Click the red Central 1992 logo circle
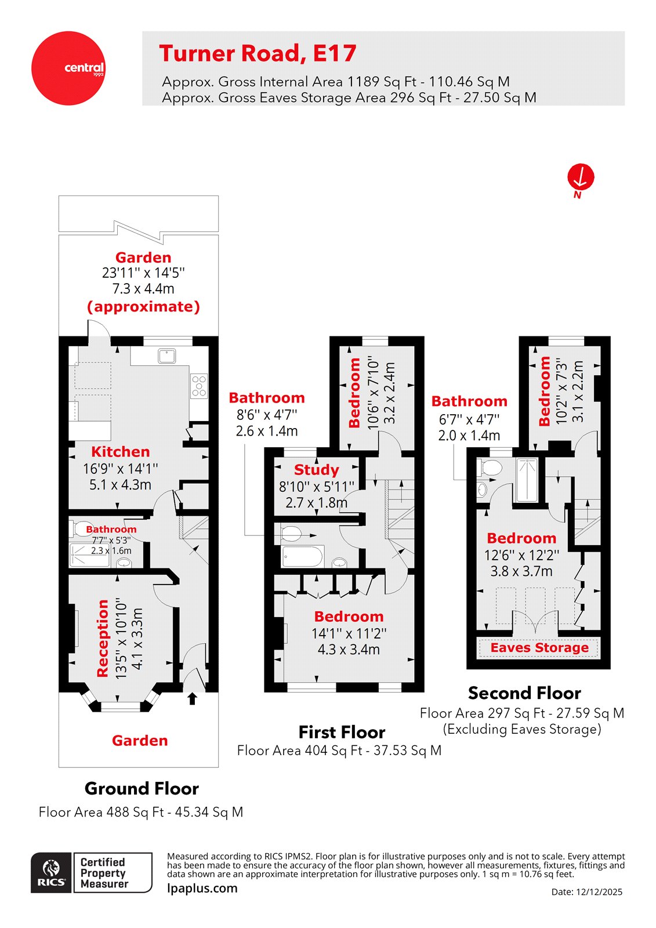[x=68, y=68]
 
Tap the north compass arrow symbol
[x=581, y=177]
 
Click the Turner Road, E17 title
[x=258, y=53]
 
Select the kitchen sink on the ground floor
[x=167, y=356]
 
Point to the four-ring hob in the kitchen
[x=199, y=386]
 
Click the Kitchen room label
[x=120, y=452]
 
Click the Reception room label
[x=103, y=638]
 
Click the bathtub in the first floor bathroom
[x=302, y=557]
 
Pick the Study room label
[x=316, y=470]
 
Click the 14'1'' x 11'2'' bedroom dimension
[x=349, y=633]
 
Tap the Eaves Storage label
[x=539, y=648]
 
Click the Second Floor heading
[x=524, y=693]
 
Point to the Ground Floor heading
[x=142, y=789]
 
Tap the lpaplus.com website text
[x=202, y=888]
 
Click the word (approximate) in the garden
[x=143, y=306]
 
